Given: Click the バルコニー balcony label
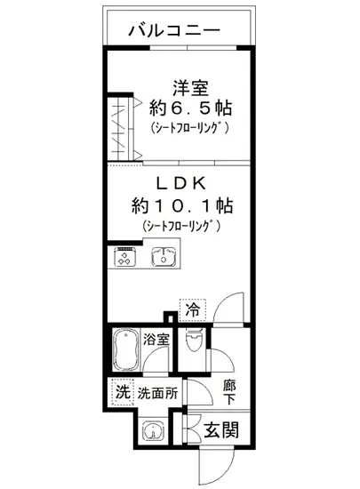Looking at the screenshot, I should point(173,29).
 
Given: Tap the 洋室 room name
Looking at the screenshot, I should point(189,89).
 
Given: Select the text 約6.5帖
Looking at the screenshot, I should point(190,109).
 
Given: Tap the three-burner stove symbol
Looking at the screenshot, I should point(125,258).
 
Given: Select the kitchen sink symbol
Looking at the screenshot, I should point(164,258).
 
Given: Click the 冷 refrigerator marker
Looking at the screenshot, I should point(193,309).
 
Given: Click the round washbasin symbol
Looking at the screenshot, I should point(154,432).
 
